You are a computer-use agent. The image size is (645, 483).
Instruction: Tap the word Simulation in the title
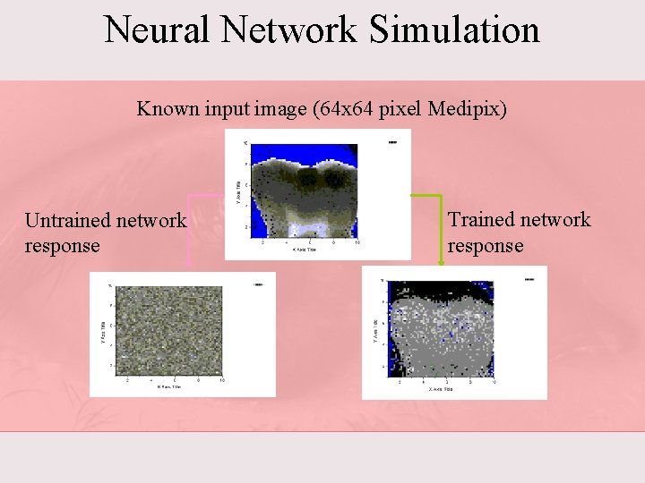[x=453, y=30]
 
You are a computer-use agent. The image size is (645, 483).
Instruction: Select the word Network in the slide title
[x=291, y=30]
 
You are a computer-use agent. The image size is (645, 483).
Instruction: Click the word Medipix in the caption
[x=467, y=109]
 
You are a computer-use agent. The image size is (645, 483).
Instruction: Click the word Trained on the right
[x=481, y=219]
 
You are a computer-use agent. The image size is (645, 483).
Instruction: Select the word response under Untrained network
[x=63, y=245]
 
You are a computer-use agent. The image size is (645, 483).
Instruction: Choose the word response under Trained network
[x=486, y=245]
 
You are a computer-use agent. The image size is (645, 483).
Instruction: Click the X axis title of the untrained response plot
[x=170, y=386]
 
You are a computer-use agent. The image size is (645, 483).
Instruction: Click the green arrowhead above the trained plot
[x=441, y=261]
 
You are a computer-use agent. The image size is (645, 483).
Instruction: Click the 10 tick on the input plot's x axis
[x=357, y=242]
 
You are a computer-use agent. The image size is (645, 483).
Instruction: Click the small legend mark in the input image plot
[x=392, y=141]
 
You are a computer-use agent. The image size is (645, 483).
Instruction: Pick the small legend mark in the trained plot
[x=529, y=279]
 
